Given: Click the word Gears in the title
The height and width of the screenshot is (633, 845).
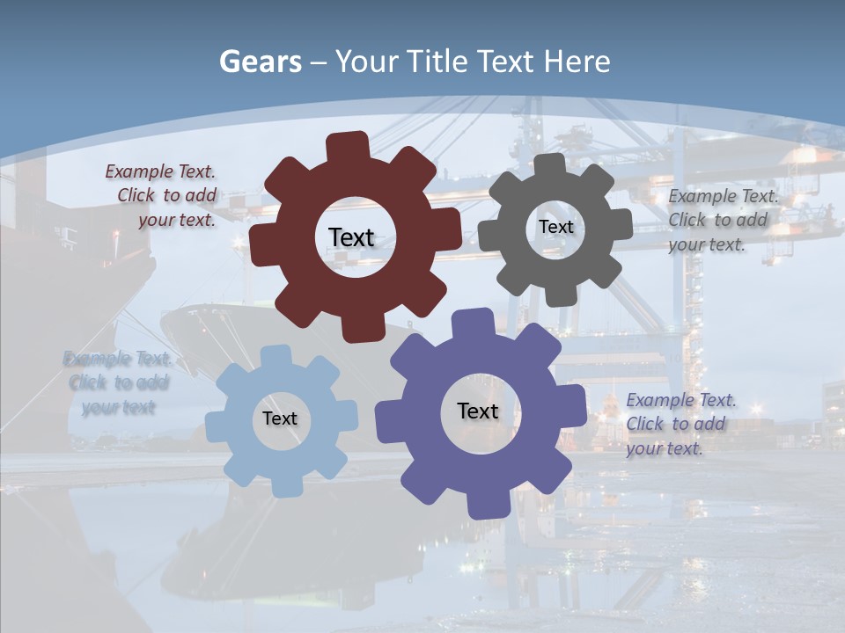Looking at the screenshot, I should tap(260, 62).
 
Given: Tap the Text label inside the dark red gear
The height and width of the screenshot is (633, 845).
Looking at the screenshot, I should tap(351, 237).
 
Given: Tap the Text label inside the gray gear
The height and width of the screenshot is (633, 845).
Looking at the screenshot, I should tap(555, 227).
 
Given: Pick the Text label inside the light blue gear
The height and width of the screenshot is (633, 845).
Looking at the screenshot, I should tap(280, 418).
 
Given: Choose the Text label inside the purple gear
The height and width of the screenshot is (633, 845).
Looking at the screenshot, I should tap(478, 411).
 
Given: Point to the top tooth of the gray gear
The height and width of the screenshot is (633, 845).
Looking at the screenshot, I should tap(550, 166).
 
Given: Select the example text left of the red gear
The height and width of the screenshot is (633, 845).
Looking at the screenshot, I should tap(161, 196).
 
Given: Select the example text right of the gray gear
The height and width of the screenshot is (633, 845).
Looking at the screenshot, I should tap(723, 220).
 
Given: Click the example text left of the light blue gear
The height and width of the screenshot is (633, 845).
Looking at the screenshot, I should tap(117, 382).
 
